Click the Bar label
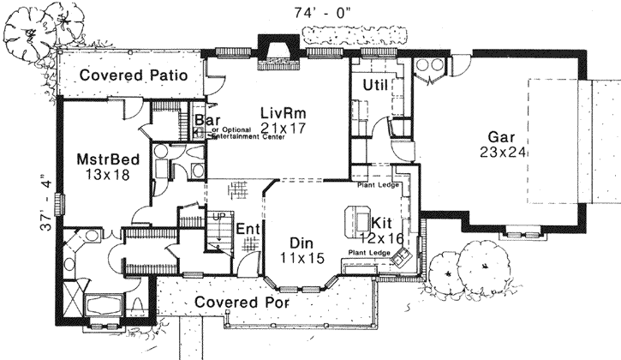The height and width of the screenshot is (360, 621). (205, 121)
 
